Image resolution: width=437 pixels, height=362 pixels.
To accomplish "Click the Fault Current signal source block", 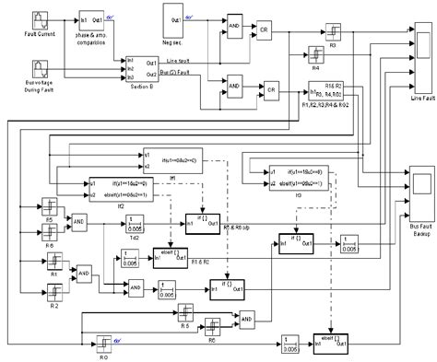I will (x=42, y=19).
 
